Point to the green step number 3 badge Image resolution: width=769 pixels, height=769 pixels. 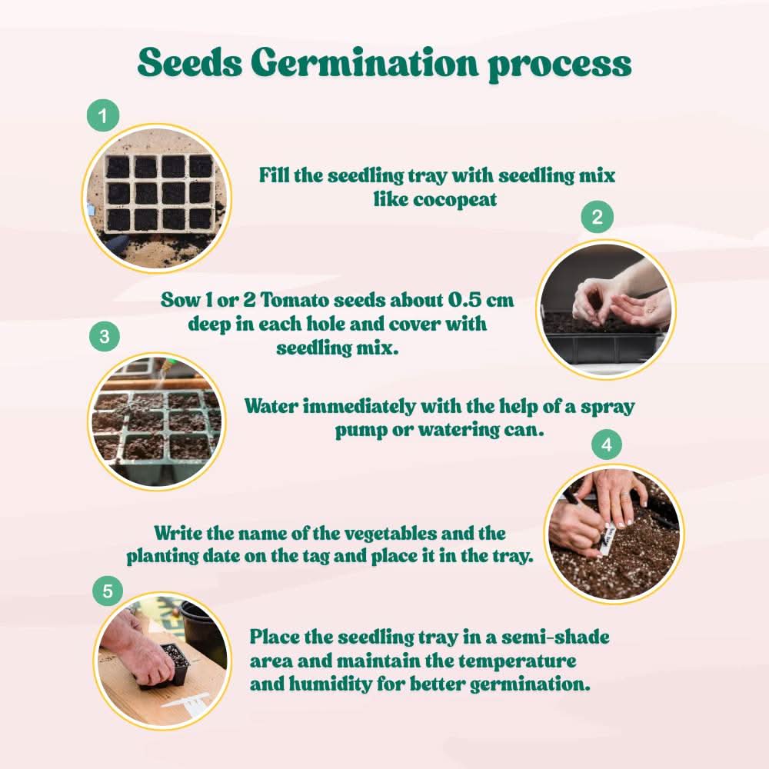[x=105, y=336]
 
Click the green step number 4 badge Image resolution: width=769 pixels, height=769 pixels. [x=608, y=444]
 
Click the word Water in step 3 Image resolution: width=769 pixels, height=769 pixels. [x=271, y=406]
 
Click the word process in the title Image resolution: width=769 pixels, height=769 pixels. [x=559, y=64]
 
